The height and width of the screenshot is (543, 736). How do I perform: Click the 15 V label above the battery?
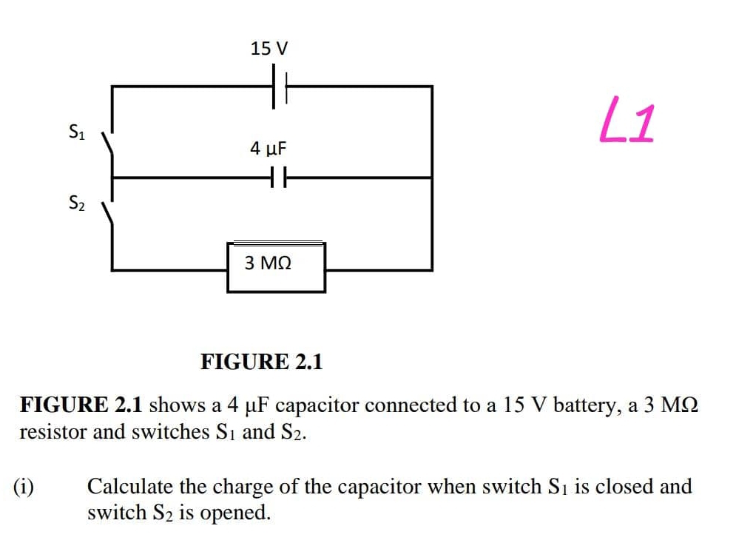[x=269, y=50]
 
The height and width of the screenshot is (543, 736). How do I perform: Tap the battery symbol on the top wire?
[x=280, y=87]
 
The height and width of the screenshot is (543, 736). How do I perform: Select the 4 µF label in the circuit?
[x=268, y=149]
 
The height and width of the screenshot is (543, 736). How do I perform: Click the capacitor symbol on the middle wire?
[x=277, y=178]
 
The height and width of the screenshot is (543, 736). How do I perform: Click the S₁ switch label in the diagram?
[x=76, y=133]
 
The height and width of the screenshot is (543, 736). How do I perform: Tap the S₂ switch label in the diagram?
[x=76, y=201]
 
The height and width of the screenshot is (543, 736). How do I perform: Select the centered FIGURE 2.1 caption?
[x=262, y=362]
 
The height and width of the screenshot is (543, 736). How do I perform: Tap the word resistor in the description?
[x=49, y=432]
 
